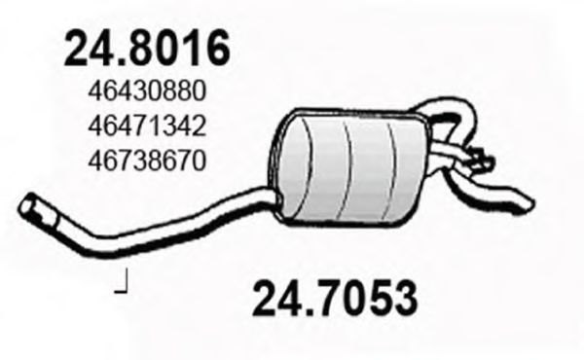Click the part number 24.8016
coord(147,48)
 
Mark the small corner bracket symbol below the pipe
coord(123,285)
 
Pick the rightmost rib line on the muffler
coord(393,161)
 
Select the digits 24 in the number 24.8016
coord(85,48)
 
